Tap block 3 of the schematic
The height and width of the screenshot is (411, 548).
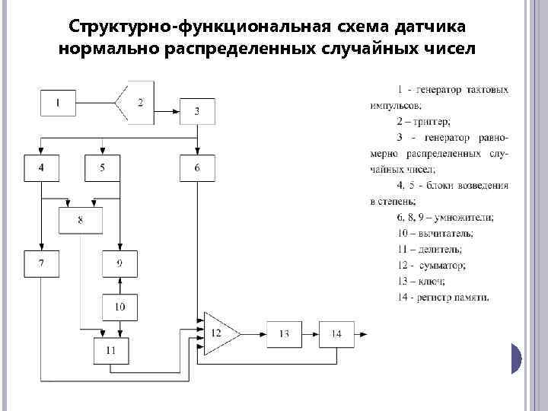click(x=197, y=111)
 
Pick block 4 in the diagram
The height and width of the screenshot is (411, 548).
click(x=41, y=167)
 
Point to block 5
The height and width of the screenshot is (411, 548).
click(x=102, y=167)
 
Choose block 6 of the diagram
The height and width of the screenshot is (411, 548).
click(x=197, y=167)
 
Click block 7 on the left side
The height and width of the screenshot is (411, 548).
click(x=41, y=263)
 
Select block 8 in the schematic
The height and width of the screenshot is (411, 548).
click(x=81, y=221)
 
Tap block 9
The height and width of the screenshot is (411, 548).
click(x=119, y=263)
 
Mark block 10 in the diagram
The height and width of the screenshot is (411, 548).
click(x=119, y=307)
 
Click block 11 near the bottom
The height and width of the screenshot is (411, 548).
click(x=110, y=350)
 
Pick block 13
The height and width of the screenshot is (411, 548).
click(x=284, y=333)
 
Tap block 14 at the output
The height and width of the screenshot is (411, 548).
click(x=337, y=333)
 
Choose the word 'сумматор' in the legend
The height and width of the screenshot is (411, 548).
click(x=443, y=266)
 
